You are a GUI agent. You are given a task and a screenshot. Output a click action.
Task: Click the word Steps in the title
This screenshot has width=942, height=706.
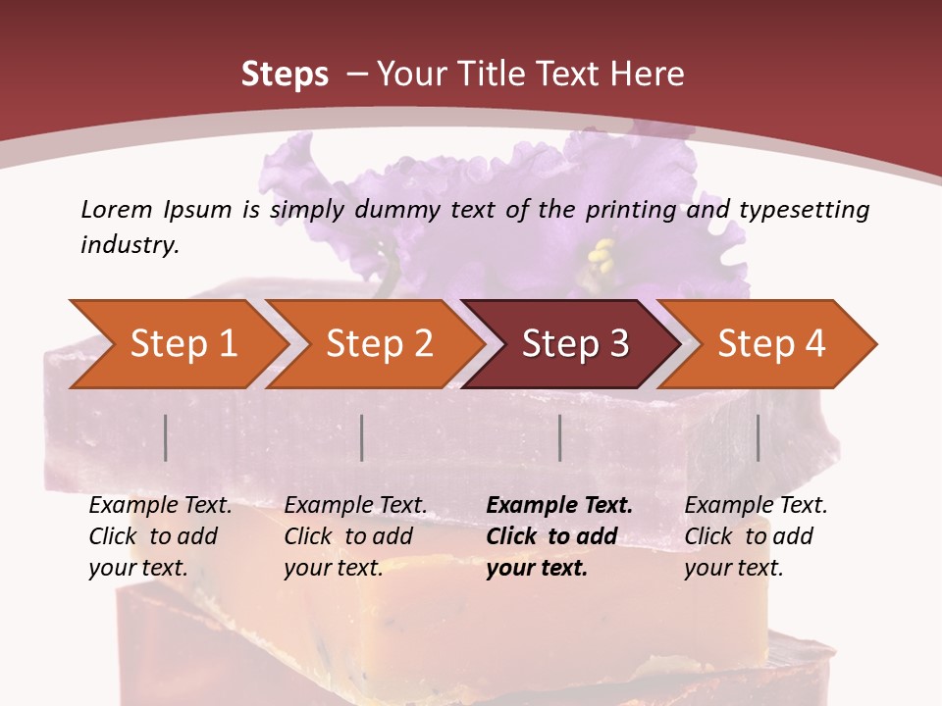coord(285,75)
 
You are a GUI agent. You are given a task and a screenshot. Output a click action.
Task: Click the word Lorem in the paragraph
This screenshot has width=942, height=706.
coord(115,209)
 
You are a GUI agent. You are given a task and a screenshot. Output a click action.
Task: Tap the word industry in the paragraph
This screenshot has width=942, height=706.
coord(129,245)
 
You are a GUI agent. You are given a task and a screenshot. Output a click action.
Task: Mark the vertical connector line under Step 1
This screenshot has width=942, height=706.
coord(166,437)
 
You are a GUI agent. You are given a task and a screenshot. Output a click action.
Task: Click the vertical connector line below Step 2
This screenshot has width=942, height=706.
coord(362,437)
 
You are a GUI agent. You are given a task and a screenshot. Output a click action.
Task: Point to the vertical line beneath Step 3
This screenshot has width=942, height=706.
coord(559,437)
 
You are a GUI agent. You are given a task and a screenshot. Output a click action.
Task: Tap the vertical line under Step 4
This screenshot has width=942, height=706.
coord(758,437)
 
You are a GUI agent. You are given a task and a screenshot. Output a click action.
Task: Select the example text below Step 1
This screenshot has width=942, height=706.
coord(160,536)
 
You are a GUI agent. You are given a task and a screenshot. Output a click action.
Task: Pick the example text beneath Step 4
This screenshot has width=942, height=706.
coord(756,536)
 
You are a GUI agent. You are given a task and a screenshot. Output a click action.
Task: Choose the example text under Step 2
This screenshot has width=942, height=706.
coord(355,536)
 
